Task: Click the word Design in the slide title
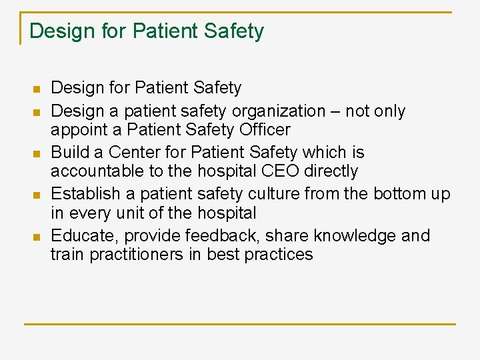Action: click(x=61, y=31)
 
